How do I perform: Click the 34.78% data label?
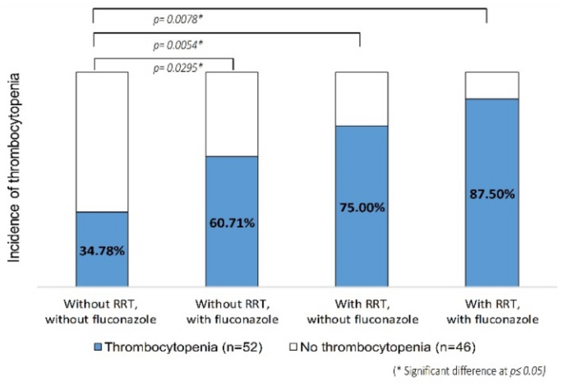(102, 249)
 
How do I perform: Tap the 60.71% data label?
(231, 223)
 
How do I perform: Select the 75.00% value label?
(361, 207)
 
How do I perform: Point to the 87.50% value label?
(491, 194)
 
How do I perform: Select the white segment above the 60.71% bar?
(231, 114)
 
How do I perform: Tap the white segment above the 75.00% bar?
(361, 99)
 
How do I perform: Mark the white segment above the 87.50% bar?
(491, 85)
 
